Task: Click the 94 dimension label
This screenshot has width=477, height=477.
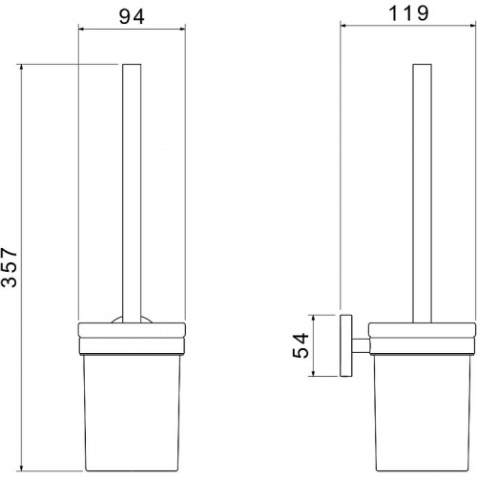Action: tap(132, 16)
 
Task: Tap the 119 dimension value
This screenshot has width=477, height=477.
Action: tap(408, 13)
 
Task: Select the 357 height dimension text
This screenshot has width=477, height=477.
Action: tap(10, 268)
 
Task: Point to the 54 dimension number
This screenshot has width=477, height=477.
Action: tap(301, 345)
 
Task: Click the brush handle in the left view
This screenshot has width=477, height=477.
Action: tap(132, 194)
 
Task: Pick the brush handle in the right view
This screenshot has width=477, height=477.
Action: tap(422, 194)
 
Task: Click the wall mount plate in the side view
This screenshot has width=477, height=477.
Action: tap(346, 345)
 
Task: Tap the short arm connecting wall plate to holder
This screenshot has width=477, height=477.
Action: tap(361, 345)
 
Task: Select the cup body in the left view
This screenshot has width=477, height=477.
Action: tap(132, 412)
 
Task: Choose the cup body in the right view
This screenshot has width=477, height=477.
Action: tap(422, 412)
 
